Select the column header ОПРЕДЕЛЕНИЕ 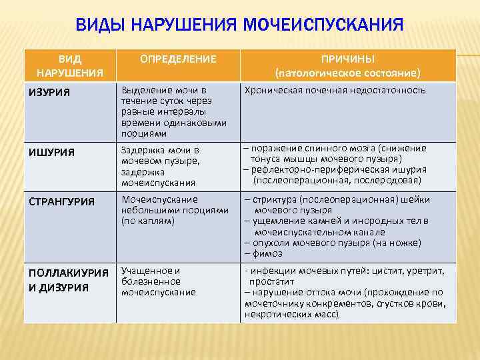click(178, 59)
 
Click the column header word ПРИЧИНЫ click(347, 59)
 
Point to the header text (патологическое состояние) click(347, 72)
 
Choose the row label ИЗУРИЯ click(48, 91)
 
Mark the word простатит click(269, 281)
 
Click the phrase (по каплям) click(147, 221)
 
